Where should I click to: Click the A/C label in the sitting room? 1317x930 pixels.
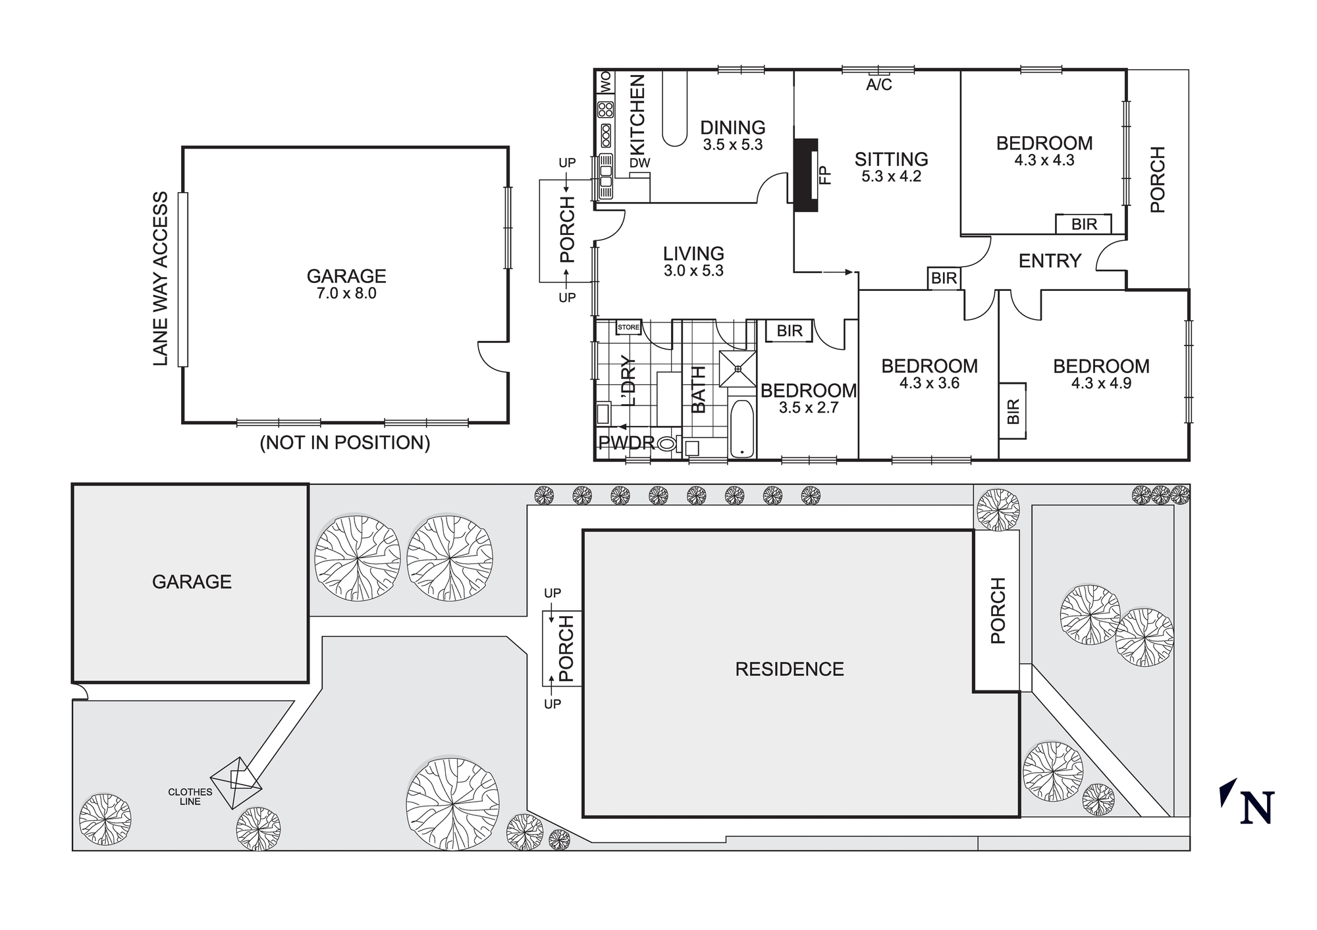pos(878,85)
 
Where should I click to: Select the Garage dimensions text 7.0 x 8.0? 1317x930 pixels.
pos(346,294)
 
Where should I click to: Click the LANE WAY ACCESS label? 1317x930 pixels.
pos(161,279)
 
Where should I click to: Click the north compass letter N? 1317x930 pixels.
pos(1256,808)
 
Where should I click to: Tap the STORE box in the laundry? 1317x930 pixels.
pos(628,327)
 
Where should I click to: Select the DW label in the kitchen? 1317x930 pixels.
pos(639,163)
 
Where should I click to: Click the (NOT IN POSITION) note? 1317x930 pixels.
pos(344,443)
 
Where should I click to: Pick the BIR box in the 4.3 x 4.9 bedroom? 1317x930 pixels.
pos(1013,411)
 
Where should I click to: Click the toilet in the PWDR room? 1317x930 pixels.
pos(667,444)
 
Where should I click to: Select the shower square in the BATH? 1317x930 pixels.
pos(738,369)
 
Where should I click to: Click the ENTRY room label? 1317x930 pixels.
pos(1050,261)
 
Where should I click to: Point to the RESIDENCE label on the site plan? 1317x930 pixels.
pos(789,669)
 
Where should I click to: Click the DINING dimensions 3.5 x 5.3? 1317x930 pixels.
pos(732,145)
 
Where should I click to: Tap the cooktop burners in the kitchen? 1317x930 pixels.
pos(605,109)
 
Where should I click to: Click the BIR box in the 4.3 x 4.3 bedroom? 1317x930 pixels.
pos(1084,224)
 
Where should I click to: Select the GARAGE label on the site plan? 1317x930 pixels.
pos(192,582)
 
